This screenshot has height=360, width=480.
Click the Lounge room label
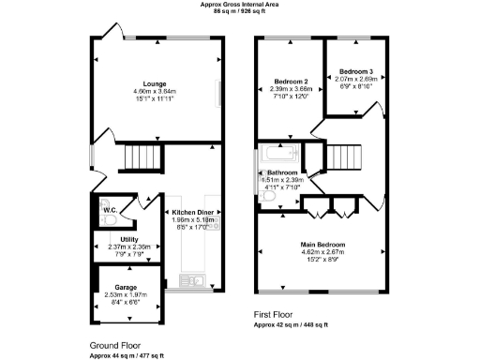pos(155,82)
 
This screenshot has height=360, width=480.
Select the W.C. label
pos(109,210)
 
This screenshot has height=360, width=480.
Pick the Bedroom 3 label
pos(355,72)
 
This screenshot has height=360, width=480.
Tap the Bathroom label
pos(282,173)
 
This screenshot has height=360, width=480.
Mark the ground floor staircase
pos(143,156)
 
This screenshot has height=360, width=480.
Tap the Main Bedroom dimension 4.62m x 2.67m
pos(322,251)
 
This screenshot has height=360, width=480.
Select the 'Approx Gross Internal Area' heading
pos(239,4)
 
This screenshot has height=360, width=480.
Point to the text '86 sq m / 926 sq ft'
pos(239,11)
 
